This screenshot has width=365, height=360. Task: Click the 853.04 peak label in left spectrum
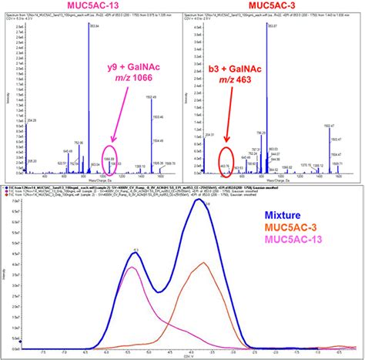tap(95, 28)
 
